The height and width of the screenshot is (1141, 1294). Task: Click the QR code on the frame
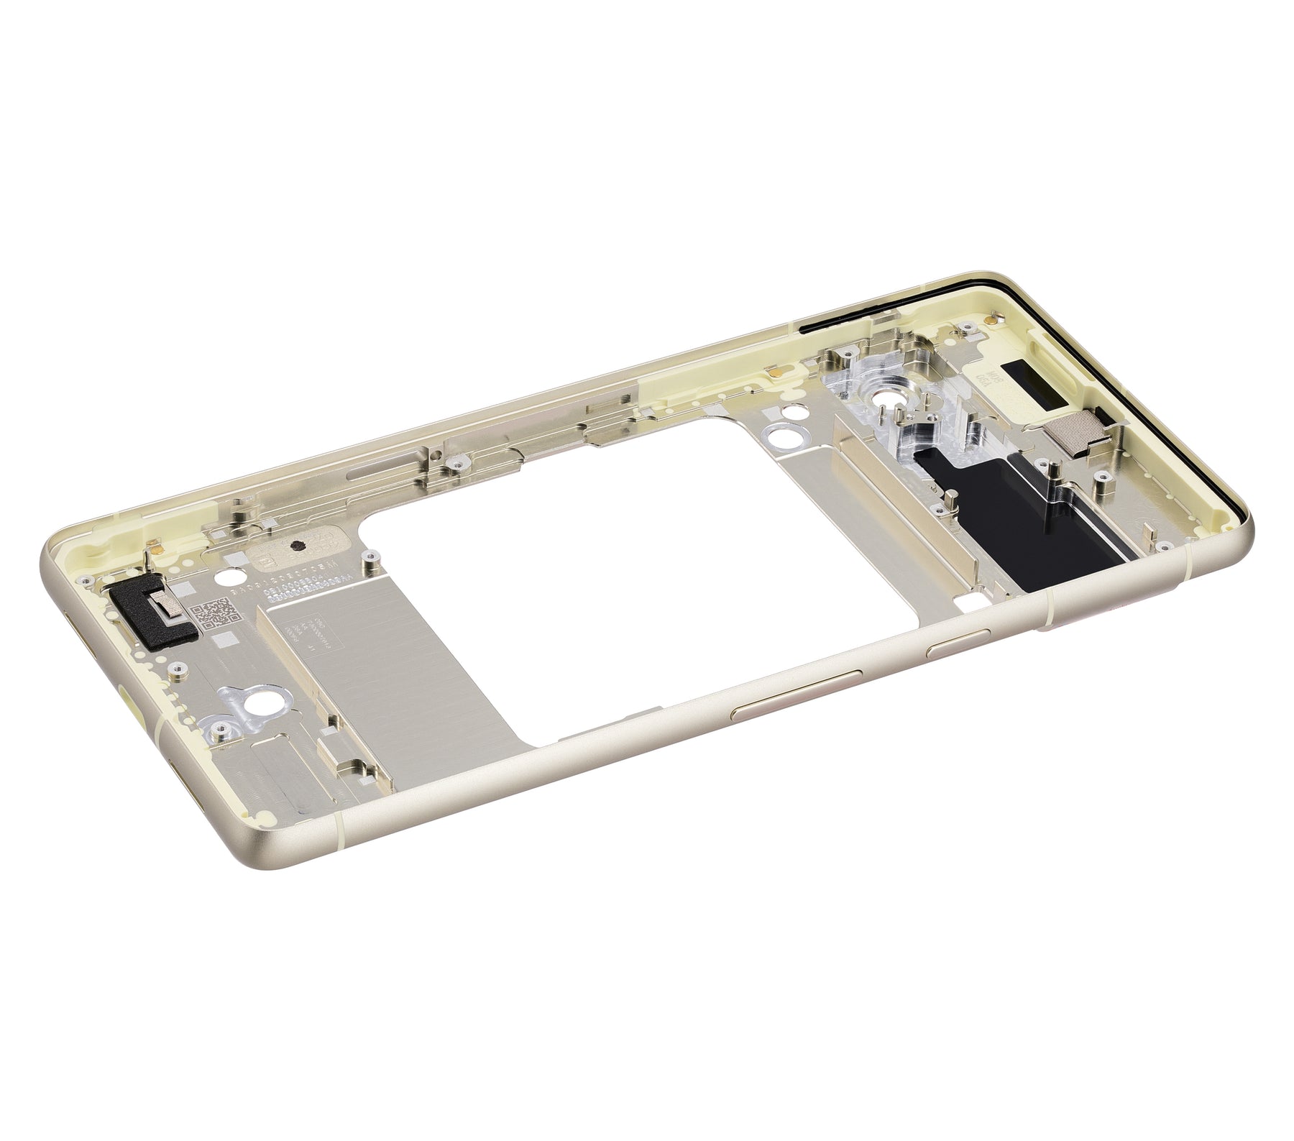tap(217, 612)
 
